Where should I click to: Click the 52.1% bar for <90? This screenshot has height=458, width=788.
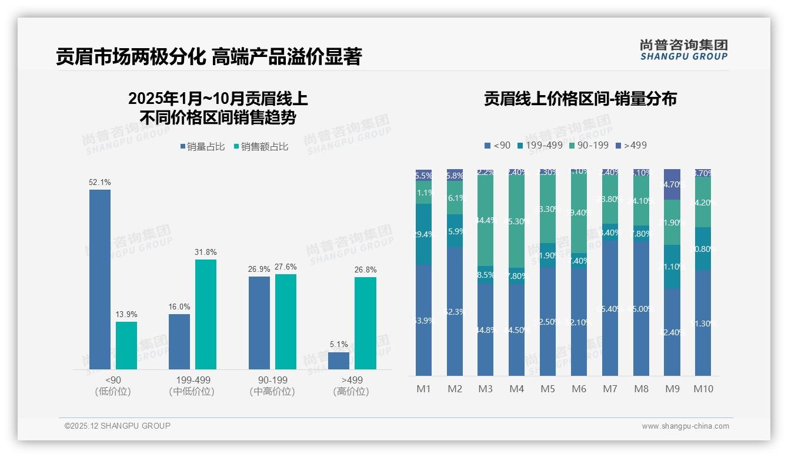(100, 279)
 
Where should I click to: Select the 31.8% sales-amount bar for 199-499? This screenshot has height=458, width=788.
(206, 314)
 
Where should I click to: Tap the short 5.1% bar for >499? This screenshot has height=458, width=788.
(339, 361)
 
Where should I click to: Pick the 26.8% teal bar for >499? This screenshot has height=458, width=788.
(365, 323)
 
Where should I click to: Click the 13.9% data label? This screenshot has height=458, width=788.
(126, 315)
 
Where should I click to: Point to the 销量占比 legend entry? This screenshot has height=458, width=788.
(202, 147)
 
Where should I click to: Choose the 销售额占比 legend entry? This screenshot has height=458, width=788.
(261, 147)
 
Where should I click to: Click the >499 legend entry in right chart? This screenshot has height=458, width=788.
(631, 145)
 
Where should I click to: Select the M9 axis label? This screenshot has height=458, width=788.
(672, 389)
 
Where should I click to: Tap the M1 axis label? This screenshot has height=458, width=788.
(424, 389)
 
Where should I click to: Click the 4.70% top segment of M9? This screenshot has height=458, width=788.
(672, 184)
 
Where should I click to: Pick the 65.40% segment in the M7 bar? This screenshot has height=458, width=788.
(610, 308)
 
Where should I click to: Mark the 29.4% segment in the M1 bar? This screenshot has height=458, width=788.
(424, 234)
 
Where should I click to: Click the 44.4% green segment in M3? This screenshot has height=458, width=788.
(486, 221)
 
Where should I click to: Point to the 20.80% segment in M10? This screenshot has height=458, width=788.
(703, 248)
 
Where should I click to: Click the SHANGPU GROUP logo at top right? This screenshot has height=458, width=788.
(683, 50)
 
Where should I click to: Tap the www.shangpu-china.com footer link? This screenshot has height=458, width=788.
(685, 426)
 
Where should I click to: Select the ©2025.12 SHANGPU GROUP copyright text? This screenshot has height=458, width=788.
(118, 426)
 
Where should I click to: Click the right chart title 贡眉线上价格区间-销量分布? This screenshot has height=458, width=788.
(580, 99)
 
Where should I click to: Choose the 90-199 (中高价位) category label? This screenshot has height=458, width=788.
(272, 386)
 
